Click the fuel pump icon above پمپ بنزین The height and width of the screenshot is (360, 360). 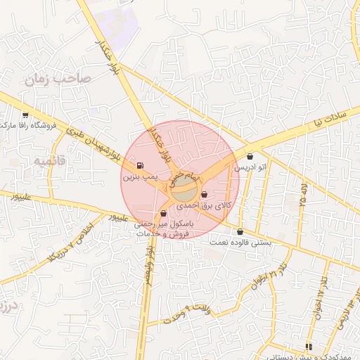pos(140,167)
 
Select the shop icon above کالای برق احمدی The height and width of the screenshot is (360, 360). pos(205,195)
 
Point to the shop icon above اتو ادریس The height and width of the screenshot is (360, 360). pos(251,156)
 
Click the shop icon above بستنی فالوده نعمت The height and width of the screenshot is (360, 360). pos(240,231)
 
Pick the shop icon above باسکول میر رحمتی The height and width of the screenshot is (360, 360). pos(163,213)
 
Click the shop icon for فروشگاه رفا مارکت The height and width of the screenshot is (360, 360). pos(25,115)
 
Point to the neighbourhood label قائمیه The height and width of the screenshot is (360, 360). pos(49,161)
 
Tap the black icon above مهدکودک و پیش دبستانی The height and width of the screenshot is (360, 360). pos(308,347)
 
